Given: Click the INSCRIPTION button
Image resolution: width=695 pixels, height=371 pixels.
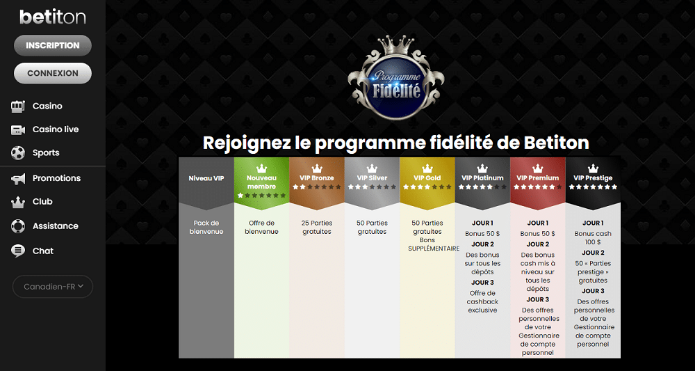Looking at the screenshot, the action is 53,45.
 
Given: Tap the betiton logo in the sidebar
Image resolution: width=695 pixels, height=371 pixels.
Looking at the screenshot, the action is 53,17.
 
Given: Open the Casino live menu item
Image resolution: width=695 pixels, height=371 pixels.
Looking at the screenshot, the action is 56,129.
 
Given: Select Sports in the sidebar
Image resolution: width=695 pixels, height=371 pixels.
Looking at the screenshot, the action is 46,152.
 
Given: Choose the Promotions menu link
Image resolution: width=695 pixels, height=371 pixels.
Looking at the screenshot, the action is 56,178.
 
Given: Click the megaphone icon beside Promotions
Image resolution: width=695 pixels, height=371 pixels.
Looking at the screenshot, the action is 18,179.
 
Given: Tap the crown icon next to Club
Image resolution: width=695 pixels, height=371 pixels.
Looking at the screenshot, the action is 18,202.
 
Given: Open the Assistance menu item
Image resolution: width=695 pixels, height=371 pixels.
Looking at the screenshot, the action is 55,226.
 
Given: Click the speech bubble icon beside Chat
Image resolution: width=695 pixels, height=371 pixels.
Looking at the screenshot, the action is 18,251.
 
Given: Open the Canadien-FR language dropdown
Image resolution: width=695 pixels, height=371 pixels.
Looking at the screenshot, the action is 53,287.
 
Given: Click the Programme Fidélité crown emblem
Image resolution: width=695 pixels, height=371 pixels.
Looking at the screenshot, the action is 396,78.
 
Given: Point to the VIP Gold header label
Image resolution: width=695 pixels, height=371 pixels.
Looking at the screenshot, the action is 427,178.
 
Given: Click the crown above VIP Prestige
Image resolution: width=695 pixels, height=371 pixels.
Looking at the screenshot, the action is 593,168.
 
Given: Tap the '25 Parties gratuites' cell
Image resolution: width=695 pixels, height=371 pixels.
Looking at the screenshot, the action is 316,227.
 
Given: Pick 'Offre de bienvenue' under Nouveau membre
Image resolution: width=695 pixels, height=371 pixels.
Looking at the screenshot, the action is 261,227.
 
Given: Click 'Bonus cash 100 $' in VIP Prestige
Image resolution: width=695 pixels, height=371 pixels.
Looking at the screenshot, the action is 593,238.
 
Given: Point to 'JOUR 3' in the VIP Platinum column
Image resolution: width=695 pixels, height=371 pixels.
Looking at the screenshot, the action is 482,282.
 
